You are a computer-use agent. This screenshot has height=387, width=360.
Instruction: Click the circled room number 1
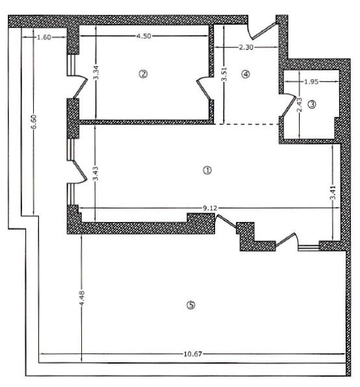(207, 170)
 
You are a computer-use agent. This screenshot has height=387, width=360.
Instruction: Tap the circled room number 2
(143, 74)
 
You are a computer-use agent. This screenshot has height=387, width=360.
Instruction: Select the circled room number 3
(312, 104)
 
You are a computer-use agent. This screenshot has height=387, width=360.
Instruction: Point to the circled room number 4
(245, 74)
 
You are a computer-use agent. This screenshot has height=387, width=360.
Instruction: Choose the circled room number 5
(190, 305)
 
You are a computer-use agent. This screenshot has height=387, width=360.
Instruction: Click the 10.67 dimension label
(192, 354)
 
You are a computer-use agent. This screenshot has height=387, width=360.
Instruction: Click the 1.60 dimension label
(44, 38)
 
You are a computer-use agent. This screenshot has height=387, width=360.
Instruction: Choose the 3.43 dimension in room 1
(96, 176)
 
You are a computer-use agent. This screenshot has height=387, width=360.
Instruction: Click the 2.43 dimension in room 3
(299, 105)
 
